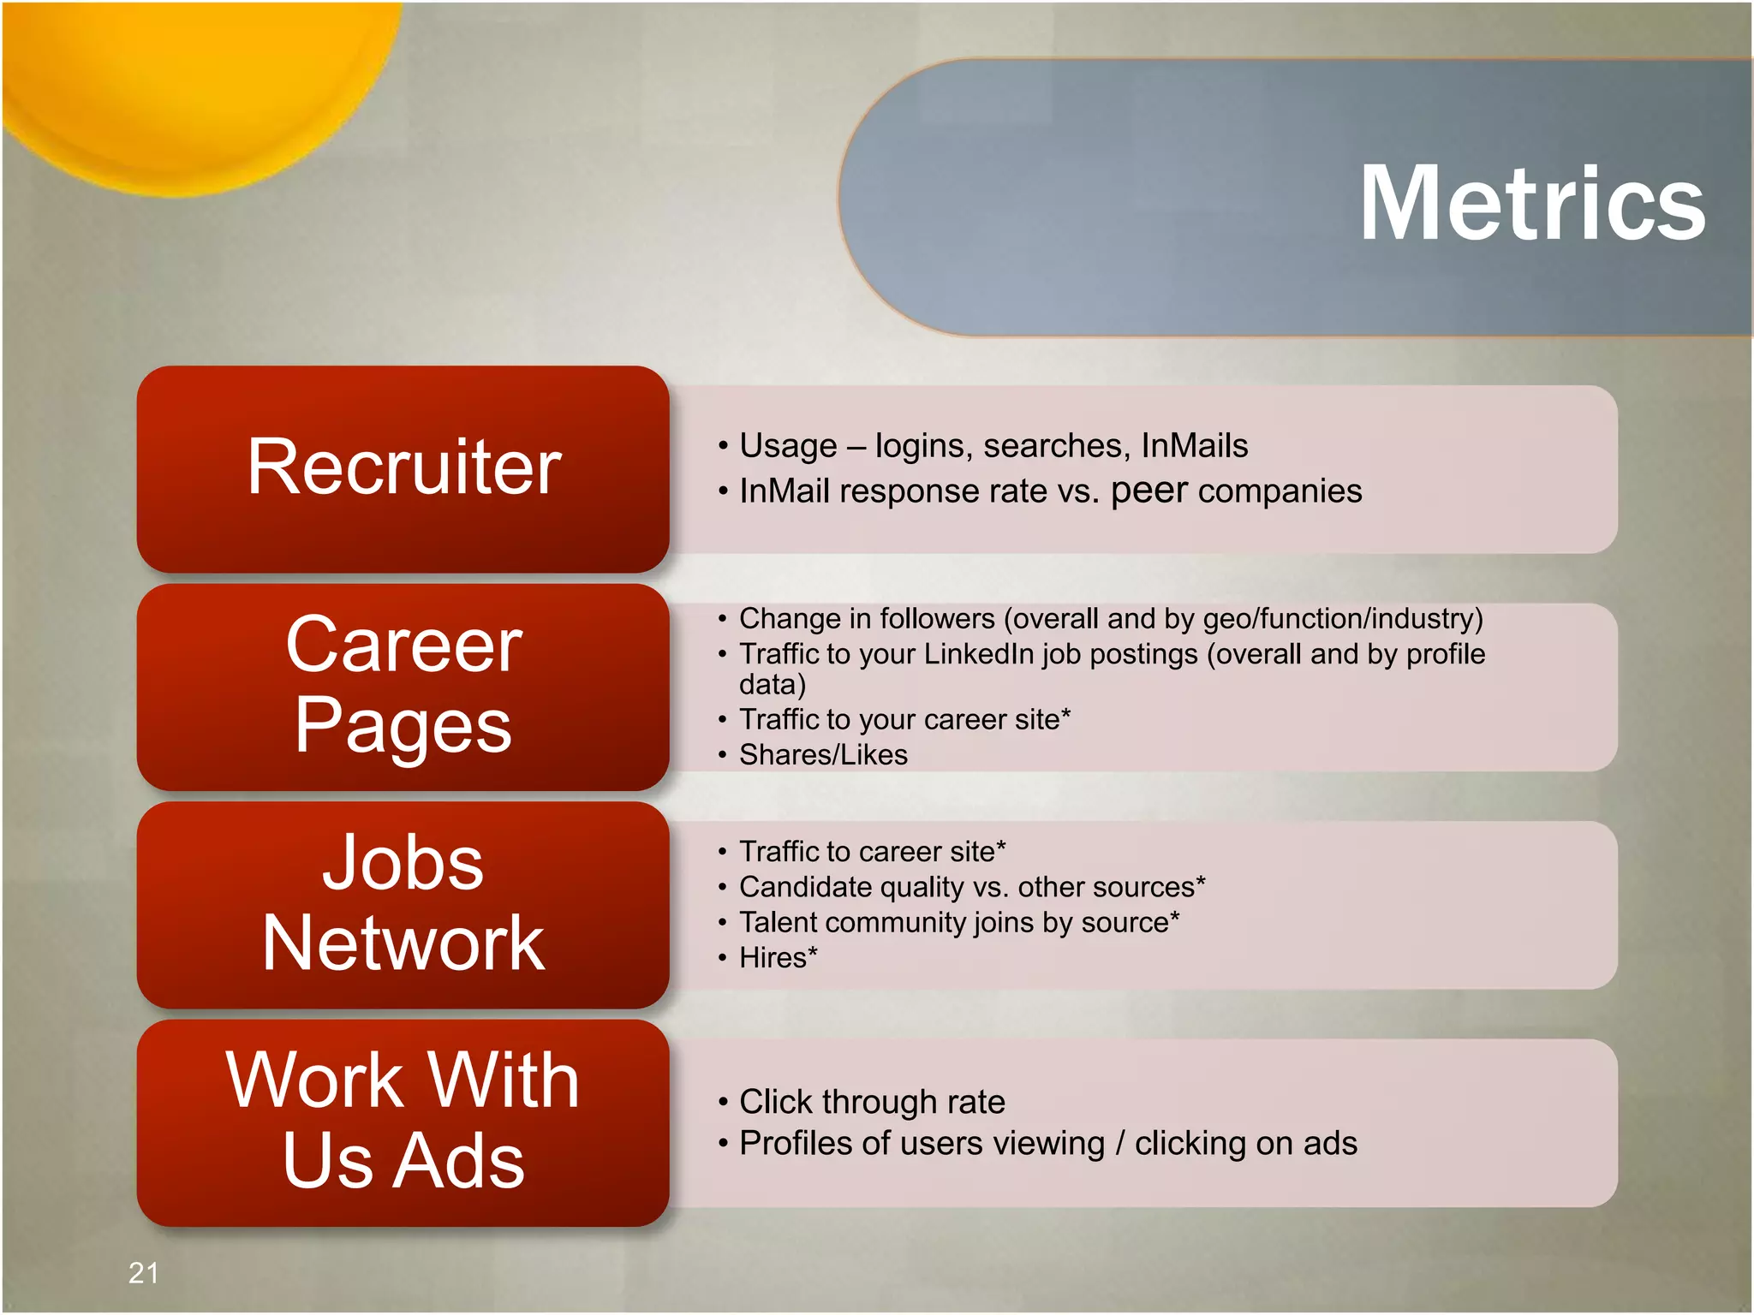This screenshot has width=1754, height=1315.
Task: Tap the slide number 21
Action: (143, 1273)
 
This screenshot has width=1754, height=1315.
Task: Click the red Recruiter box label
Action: (403, 467)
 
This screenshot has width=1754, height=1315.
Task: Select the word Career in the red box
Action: (403, 646)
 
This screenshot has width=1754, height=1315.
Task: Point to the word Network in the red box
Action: (403, 943)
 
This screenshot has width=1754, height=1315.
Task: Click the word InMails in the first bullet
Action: (1194, 446)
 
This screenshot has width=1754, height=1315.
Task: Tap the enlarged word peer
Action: (1148, 491)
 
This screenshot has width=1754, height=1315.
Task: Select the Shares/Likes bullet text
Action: (823, 755)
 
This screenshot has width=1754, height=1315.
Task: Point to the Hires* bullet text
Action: (778, 958)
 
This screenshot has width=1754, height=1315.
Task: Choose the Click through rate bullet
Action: (872, 1102)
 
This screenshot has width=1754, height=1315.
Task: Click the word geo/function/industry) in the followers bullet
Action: (1342, 618)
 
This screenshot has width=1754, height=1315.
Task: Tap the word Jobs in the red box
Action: (403, 863)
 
